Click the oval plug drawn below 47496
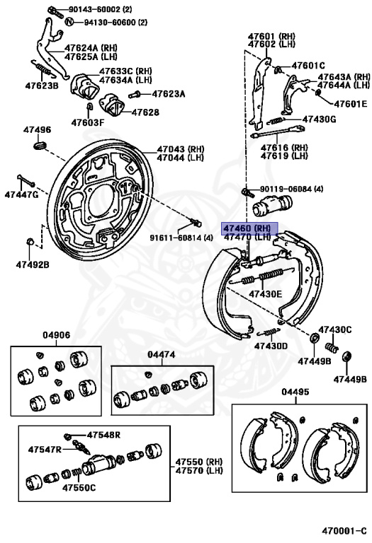tap(39, 145)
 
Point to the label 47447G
tap(21, 194)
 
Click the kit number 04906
tap(56, 336)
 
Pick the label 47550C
tap(79, 487)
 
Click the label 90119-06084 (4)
tap(291, 189)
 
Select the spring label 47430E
tap(265, 293)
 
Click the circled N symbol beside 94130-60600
tap(69, 23)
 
